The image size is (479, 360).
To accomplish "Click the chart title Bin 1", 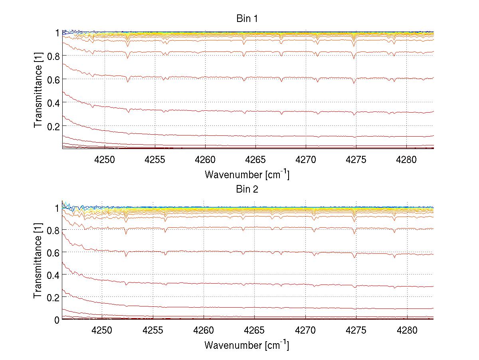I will pos(247,19).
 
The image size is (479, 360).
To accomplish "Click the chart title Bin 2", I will pos(247,189).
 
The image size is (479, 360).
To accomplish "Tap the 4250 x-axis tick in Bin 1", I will pos(105,160).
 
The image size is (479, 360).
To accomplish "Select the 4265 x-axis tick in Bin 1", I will pos(255,160).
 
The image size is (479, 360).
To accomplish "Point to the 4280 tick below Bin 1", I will pos(406,160).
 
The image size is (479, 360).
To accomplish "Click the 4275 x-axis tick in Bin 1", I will pos(356,160).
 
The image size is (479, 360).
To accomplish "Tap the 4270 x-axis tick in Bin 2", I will pos(305,331).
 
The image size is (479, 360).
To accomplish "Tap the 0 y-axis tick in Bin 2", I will pos(57,320).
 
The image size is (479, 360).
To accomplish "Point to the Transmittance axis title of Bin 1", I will pos(38,90).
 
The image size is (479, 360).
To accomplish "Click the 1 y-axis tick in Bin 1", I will pos(57,33).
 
